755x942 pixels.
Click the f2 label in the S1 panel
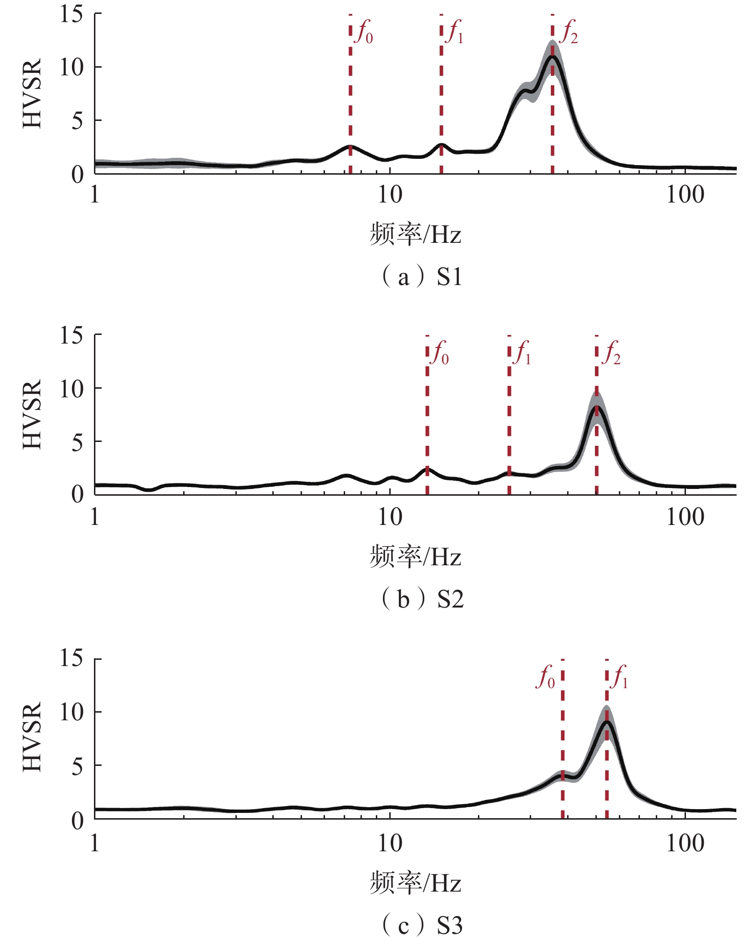[569, 33]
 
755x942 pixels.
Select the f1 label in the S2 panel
[523, 354]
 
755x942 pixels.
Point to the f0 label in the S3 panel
[546, 678]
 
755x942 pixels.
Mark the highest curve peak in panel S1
[553, 57]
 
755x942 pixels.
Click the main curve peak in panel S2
[597, 407]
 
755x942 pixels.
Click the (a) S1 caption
[421, 277]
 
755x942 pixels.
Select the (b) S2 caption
[422, 599]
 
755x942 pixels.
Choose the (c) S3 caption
[422, 924]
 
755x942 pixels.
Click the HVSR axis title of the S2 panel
[33, 415]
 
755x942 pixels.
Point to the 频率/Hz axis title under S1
[415, 235]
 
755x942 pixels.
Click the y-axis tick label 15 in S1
[71, 14]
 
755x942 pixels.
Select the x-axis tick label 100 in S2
[685, 517]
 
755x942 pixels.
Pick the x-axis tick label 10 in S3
[389, 844]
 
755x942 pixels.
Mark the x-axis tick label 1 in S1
[95, 195]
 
